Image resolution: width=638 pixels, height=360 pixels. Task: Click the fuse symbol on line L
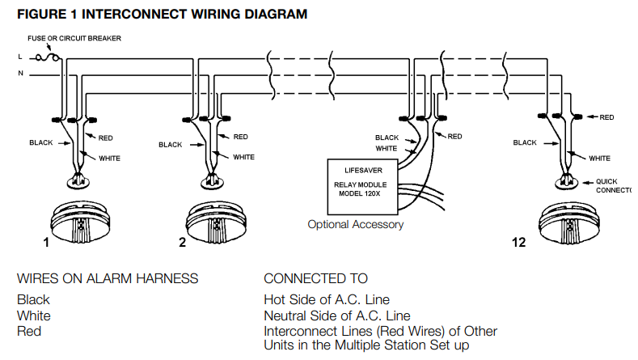[51, 57]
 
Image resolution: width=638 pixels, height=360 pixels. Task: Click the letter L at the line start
[19, 57]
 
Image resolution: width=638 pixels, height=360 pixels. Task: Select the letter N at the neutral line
[19, 74]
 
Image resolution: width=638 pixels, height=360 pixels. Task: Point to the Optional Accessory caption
[355, 224]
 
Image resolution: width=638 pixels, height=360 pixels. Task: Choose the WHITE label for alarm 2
[244, 157]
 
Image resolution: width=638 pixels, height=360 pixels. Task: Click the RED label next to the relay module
[454, 136]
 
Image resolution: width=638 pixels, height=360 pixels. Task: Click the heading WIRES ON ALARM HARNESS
[108, 278]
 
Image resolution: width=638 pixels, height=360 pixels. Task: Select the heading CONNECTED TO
[315, 278]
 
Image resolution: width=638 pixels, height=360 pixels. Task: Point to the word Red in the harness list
[29, 331]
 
